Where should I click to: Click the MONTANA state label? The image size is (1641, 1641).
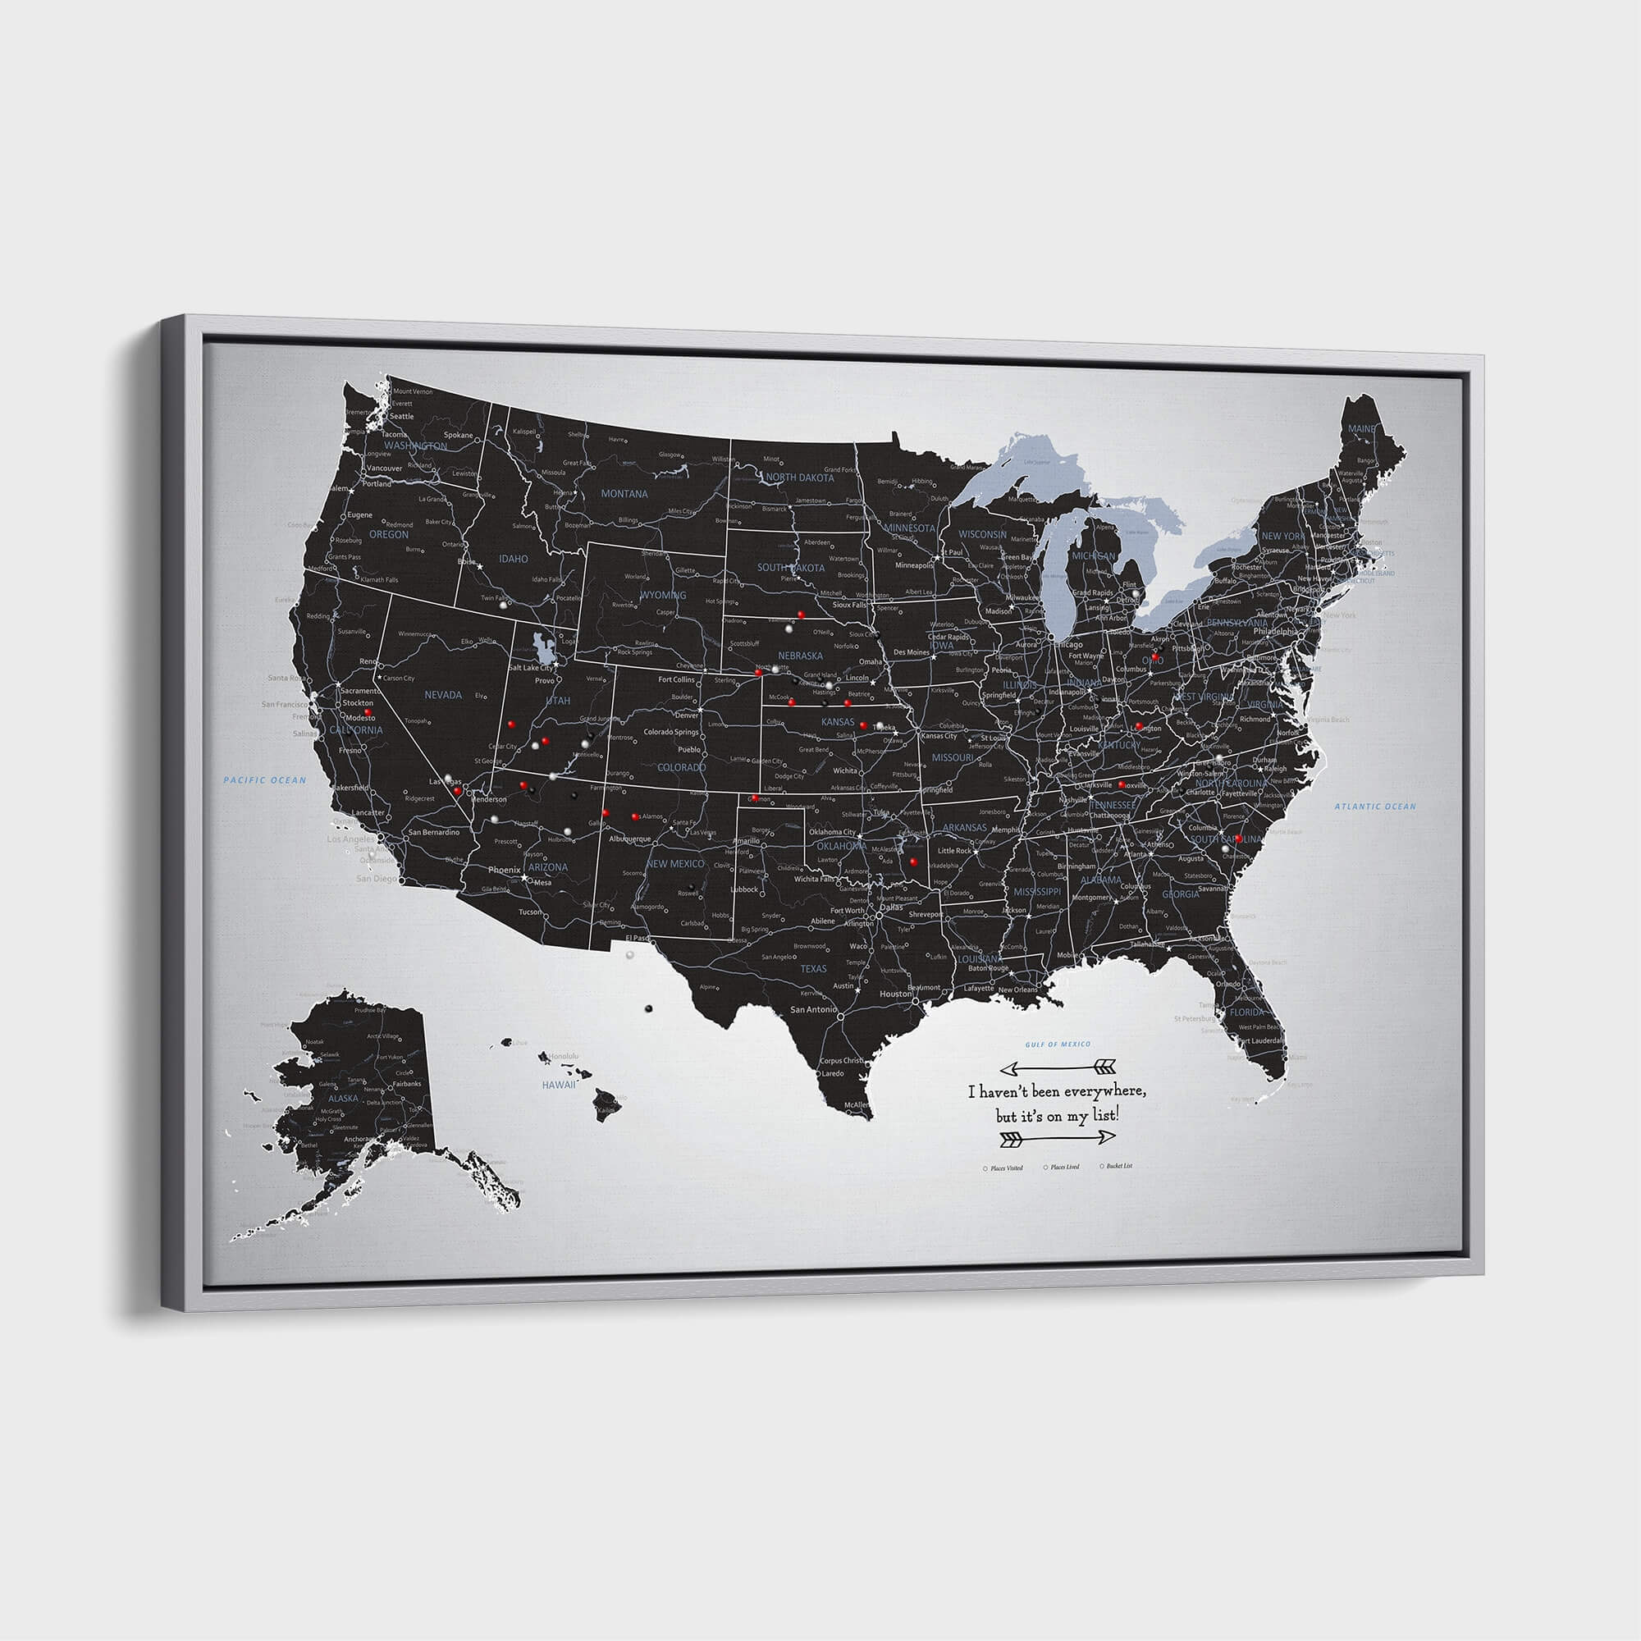624,493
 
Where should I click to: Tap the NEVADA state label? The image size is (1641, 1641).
442,695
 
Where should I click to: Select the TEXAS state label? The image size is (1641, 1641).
813,968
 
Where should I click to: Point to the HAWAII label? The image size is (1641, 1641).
559,1085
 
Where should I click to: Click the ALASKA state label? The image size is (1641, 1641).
343,1099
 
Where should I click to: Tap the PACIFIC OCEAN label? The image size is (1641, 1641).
265,779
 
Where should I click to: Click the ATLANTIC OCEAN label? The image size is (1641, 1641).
1375,806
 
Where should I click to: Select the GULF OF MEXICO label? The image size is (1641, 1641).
1058,1044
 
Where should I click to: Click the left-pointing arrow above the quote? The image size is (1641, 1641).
1058,1066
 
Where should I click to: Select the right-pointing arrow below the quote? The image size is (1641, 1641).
1058,1137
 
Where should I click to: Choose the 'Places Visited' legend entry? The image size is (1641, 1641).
1006,1168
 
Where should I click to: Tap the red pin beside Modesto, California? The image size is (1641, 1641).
368,713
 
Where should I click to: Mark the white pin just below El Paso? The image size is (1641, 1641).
629,955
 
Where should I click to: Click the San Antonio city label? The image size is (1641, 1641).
814,1009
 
